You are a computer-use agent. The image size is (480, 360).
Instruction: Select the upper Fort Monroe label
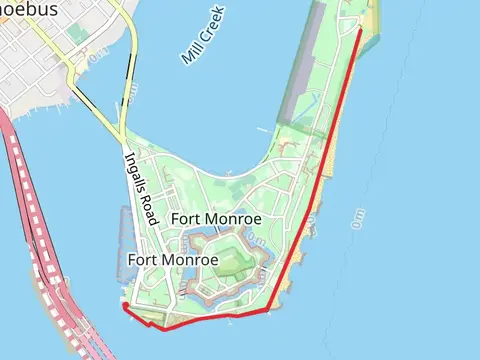(216, 218)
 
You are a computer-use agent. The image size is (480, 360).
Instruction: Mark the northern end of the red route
(360, 29)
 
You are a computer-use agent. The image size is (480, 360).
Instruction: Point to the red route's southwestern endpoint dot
(125, 308)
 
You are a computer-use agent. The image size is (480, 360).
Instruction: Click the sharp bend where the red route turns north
(269, 312)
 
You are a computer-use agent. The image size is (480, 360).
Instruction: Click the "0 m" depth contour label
(358, 220)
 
